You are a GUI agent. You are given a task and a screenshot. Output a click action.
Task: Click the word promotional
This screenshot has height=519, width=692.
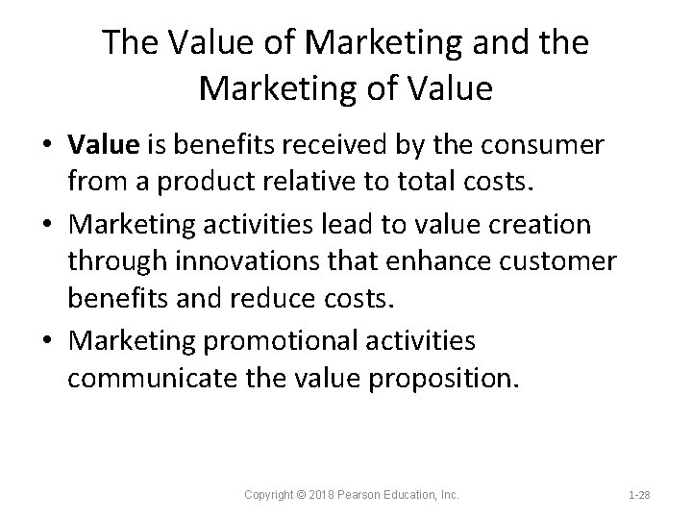point(297,340)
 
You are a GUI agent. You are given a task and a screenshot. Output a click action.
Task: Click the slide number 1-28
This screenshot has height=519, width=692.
point(640,494)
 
